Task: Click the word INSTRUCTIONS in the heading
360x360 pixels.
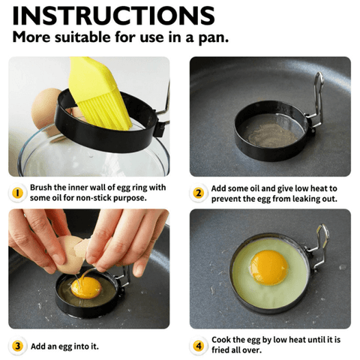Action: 113,16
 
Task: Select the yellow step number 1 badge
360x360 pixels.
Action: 17,193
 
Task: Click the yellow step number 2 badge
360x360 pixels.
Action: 198,193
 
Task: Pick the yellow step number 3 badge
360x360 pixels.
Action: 17,346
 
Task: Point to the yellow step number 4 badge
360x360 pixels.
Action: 199,346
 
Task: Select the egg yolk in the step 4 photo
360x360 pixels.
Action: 269,268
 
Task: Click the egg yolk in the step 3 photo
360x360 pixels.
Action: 86,287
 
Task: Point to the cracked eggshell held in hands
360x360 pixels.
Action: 70,255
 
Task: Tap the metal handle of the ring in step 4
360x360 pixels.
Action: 318,247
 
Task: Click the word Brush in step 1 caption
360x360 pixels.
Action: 41,187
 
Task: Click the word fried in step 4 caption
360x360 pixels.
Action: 220,350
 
